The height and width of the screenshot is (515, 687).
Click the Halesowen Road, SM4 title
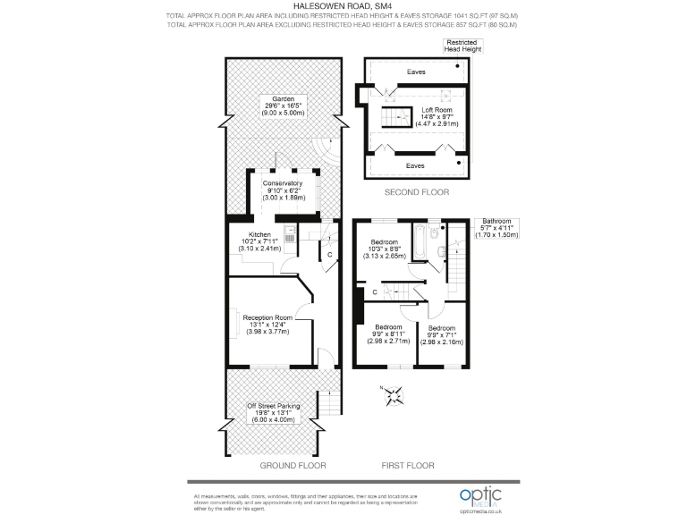(x=343, y=5)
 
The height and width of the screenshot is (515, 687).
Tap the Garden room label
(x=282, y=106)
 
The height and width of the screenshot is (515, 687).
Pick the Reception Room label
(x=268, y=324)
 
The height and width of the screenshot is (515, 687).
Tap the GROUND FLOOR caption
(x=293, y=466)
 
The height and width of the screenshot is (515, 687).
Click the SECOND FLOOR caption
(x=416, y=192)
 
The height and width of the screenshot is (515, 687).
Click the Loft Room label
(x=439, y=117)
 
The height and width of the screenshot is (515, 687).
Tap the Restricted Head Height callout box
(x=463, y=46)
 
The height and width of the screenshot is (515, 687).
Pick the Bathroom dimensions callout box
(x=496, y=227)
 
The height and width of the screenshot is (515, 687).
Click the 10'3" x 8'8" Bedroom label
(x=385, y=249)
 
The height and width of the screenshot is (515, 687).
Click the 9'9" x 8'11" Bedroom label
(x=392, y=334)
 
